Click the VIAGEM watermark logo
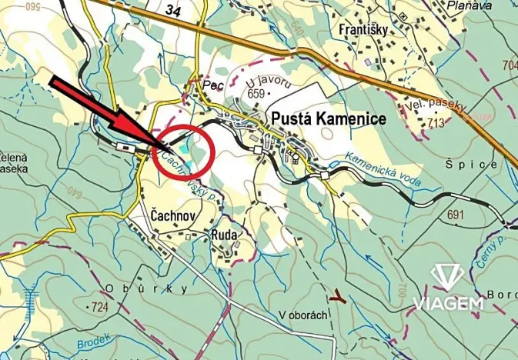[x=447, y=288]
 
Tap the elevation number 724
[x=99, y=308]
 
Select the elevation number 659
[x=256, y=94]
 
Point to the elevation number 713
[x=437, y=122]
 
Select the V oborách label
[x=303, y=315]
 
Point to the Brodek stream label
[x=94, y=339]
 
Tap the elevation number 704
[x=510, y=65]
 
